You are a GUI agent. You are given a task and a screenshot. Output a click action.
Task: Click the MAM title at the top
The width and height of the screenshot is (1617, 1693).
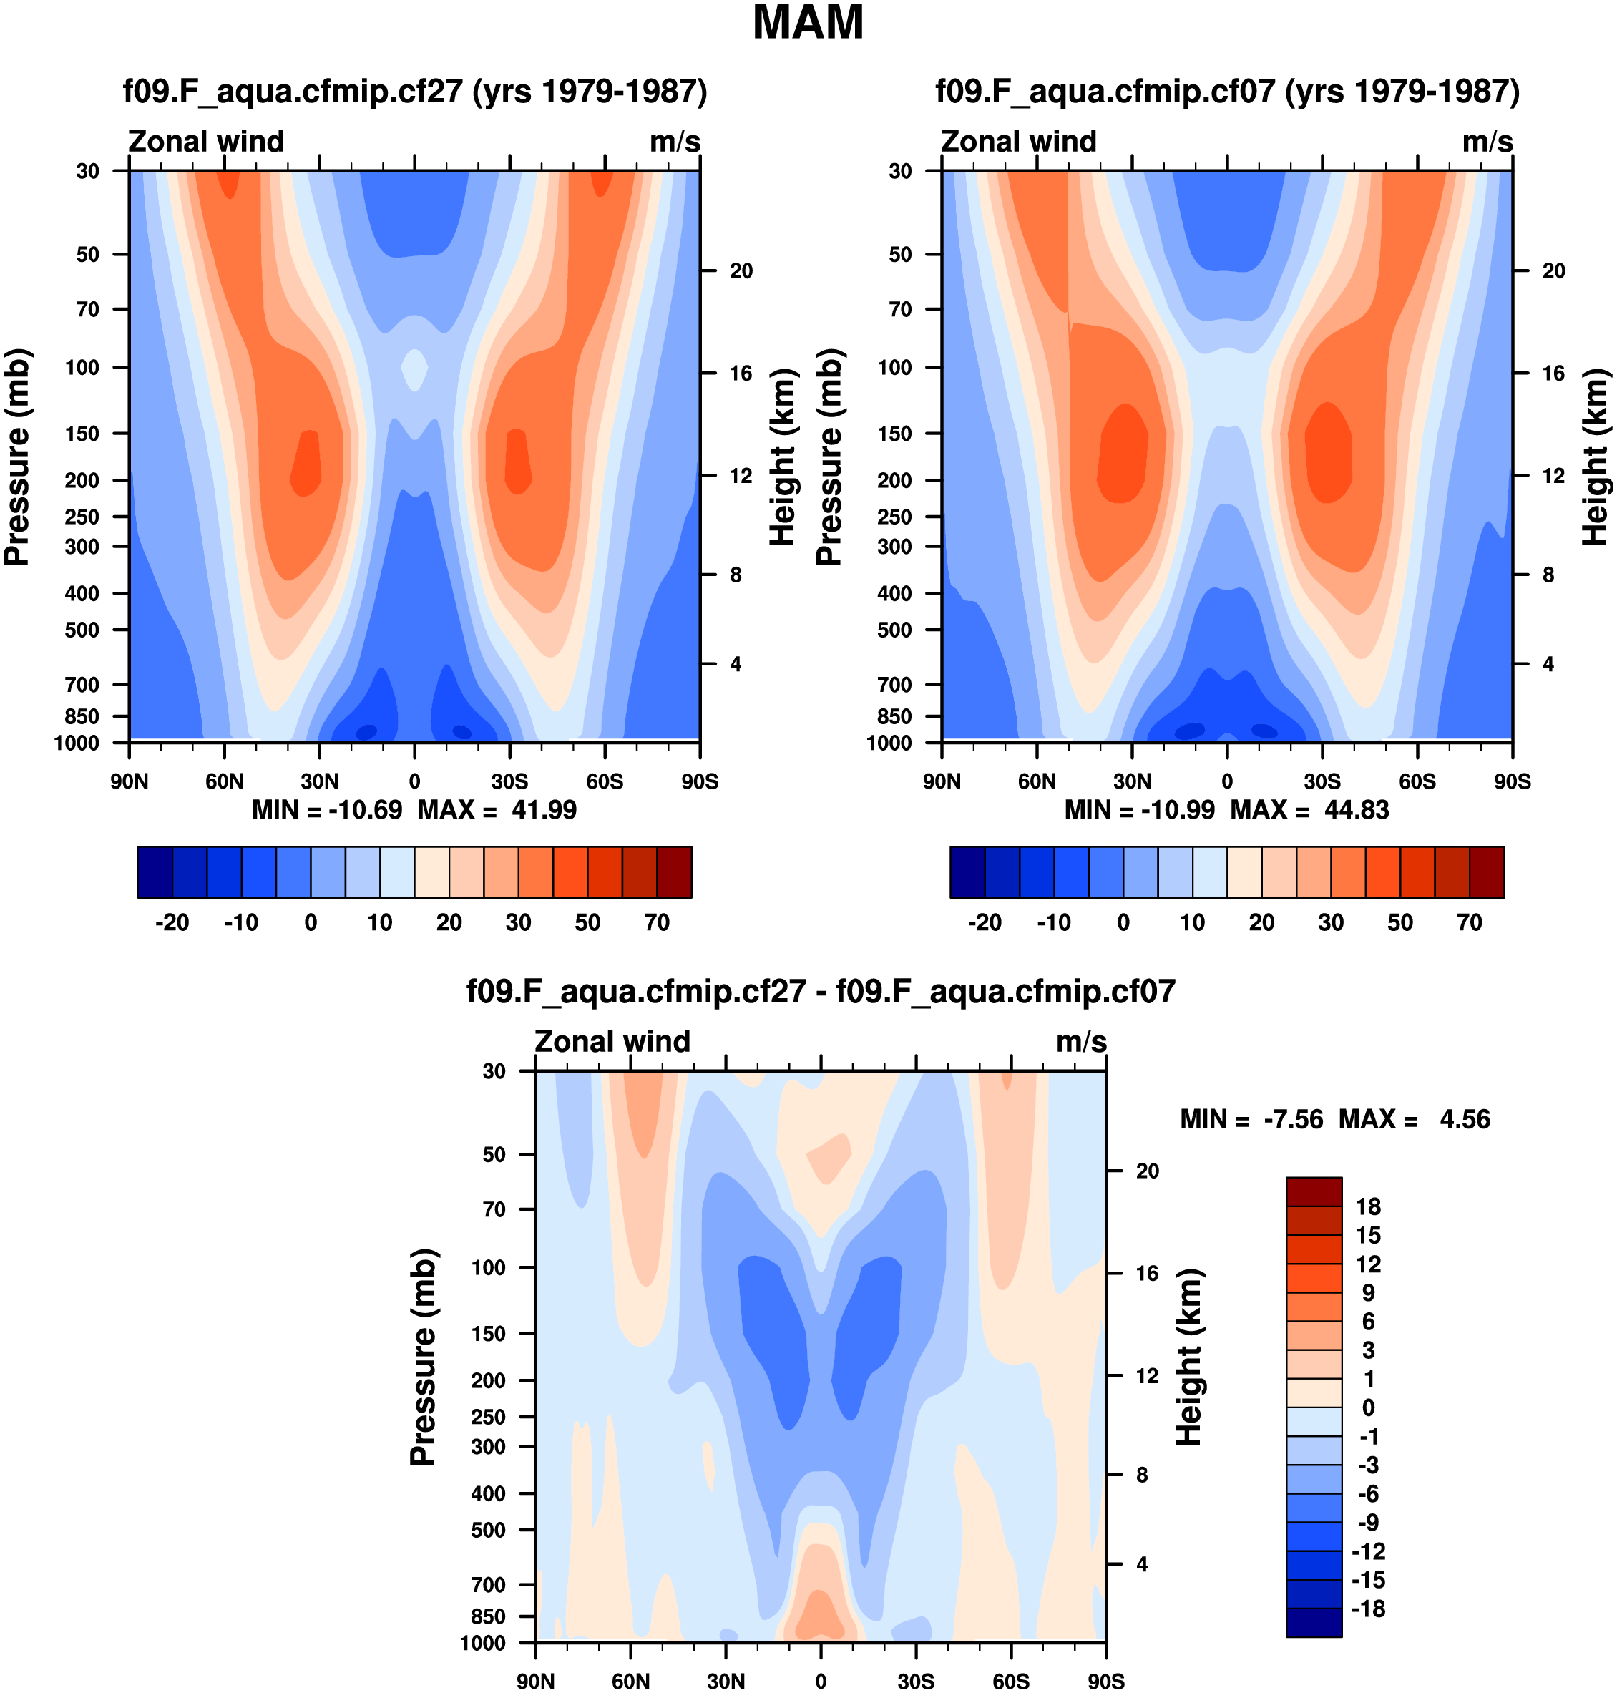tap(807, 24)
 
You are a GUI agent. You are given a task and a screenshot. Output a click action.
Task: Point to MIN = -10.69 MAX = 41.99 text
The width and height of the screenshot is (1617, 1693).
tap(414, 809)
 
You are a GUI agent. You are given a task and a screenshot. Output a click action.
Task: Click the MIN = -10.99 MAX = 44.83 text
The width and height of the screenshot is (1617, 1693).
tap(1226, 809)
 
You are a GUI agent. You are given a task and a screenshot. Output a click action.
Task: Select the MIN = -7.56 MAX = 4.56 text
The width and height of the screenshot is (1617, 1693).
tap(1334, 1119)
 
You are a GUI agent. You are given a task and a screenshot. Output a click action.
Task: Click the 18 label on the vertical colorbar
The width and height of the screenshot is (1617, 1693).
tap(1368, 1207)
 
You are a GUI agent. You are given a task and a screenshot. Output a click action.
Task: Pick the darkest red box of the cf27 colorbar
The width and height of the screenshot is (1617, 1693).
tap(674, 872)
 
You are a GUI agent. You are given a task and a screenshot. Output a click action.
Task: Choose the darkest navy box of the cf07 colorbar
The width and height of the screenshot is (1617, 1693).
tap(967, 872)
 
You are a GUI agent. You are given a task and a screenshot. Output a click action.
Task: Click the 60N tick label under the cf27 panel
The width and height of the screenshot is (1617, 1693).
tap(224, 782)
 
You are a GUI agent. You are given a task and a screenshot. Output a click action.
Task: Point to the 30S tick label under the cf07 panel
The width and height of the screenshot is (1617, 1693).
tap(1322, 782)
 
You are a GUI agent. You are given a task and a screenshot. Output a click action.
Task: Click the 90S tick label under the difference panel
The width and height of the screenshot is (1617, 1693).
tap(1105, 1682)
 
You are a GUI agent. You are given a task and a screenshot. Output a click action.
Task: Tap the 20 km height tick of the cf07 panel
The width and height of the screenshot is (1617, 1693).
tap(1553, 270)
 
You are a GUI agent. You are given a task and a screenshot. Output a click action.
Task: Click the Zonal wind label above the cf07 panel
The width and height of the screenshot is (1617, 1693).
tap(1018, 142)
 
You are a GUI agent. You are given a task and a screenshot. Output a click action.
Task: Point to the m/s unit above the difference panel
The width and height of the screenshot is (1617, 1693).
tap(1081, 1041)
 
